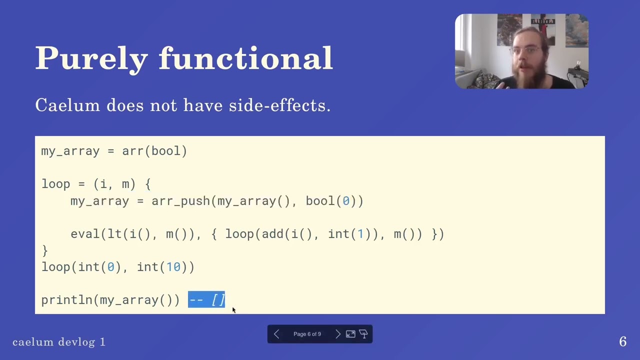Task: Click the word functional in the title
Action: point(245,58)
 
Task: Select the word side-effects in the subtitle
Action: point(279,105)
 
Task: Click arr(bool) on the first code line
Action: point(154,151)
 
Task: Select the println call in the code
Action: point(69,300)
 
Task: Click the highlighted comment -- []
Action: point(206,299)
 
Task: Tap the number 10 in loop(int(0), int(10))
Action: point(173,267)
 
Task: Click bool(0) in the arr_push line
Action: point(331,201)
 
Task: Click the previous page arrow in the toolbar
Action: point(276,334)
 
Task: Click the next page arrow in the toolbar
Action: point(337,334)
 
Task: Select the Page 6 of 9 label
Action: point(307,334)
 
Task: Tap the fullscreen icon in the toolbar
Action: point(350,334)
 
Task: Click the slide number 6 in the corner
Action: point(622,341)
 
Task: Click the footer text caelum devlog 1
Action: point(59,342)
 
